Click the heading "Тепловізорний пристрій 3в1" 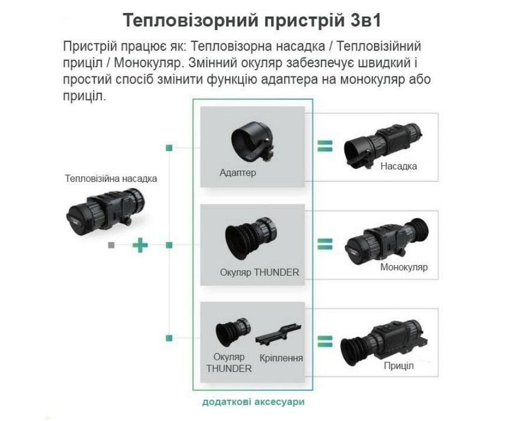252,19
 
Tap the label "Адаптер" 238,173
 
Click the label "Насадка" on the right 398,166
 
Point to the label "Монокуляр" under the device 404,267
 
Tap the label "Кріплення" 281,358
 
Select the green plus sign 140,245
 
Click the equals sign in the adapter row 325,146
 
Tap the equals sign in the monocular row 325,244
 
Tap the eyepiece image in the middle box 249,238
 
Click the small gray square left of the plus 110,245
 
